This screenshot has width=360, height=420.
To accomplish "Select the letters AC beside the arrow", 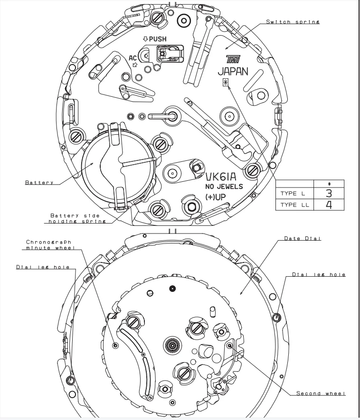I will coord(133,57).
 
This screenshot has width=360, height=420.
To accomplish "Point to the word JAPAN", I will coord(233,72).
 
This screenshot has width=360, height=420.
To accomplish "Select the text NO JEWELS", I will coord(224,187).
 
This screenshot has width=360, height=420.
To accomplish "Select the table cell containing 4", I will coord(329,205).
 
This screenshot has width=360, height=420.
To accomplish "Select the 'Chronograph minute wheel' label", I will coord(49,244).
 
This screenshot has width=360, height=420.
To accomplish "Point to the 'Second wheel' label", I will coord(321,393).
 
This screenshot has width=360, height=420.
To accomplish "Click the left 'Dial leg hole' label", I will coord(37,267).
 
